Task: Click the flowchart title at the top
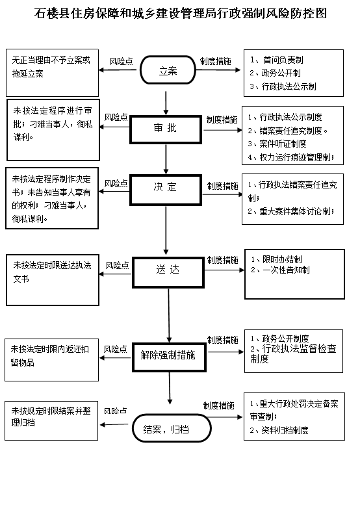tap(181, 14)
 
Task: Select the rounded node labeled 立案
tap(168, 70)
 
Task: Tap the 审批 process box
tap(166, 129)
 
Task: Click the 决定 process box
tap(166, 190)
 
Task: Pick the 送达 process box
tap(168, 272)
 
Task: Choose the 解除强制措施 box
tap(169, 357)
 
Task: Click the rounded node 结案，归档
tap(172, 428)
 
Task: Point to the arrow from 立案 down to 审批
tap(166, 103)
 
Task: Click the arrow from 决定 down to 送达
tap(166, 231)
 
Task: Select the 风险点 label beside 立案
tap(121, 61)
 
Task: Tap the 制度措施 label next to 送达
tap(222, 260)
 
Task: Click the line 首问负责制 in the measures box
tap(277, 60)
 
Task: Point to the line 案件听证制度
tap(277, 144)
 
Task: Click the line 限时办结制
tap(276, 259)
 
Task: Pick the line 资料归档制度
tap(279, 430)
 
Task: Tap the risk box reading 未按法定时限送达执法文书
tap(53, 280)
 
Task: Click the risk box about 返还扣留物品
tap(51, 360)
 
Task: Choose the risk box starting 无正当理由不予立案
tap(52, 73)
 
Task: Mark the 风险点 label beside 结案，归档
tap(116, 411)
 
